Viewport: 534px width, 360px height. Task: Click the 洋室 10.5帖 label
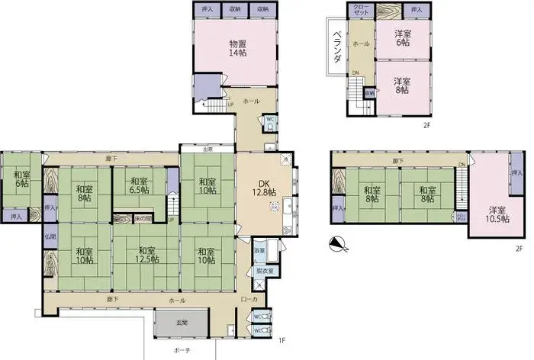pos(494,213)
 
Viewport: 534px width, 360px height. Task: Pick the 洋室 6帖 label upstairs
pos(402,39)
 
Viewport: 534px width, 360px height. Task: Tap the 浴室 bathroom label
pos(259,249)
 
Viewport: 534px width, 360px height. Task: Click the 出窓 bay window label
pos(207,149)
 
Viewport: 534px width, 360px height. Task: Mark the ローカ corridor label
pos(248,300)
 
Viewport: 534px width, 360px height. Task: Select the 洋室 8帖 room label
pos(402,86)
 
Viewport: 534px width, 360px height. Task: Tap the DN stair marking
pos(355,73)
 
